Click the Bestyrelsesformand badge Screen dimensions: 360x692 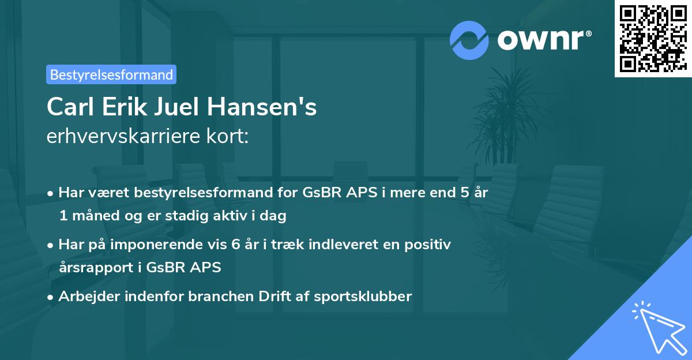coord(111,74)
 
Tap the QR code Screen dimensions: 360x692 coord(652,38)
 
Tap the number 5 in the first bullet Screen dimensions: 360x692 coord(464,193)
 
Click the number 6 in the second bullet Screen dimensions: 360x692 coord(235,245)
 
